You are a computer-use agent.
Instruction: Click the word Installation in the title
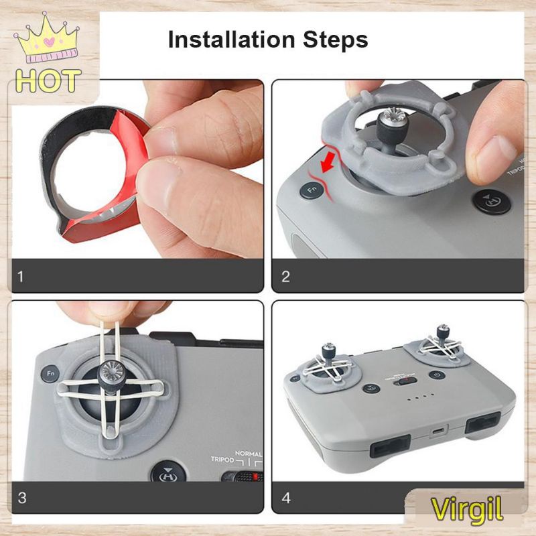tap(231, 40)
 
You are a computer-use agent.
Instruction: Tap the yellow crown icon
tap(47, 38)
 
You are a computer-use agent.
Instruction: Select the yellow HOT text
tap(48, 80)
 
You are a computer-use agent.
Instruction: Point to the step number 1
tap(21, 277)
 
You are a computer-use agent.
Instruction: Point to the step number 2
tap(285, 277)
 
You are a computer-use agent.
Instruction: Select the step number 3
tap(22, 498)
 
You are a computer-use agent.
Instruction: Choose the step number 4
tap(286, 498)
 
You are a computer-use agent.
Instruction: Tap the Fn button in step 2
tap(312, 190)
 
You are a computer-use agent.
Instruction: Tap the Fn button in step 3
tap(51, 373)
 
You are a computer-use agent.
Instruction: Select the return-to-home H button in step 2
tap(492, 202)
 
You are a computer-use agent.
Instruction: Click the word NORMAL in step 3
tap(249, 454)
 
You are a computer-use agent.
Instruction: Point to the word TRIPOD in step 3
tap(222, 459)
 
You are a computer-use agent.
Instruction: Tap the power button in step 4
tap(437, 375)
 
